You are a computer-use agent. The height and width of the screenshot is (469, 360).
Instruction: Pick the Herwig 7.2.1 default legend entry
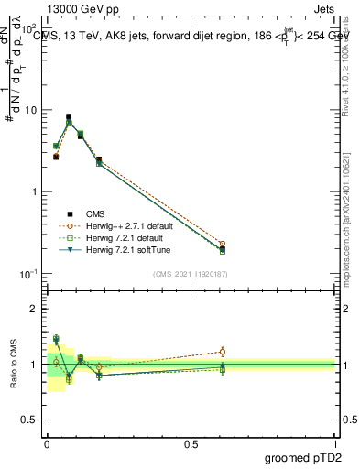pos(130,237)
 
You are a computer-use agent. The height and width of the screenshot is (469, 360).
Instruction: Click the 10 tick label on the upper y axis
pos(30,110)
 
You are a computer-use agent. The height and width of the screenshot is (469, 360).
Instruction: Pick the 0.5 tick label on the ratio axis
pos(28,420)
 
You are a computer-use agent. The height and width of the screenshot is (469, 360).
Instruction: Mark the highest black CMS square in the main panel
pos(69,117)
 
